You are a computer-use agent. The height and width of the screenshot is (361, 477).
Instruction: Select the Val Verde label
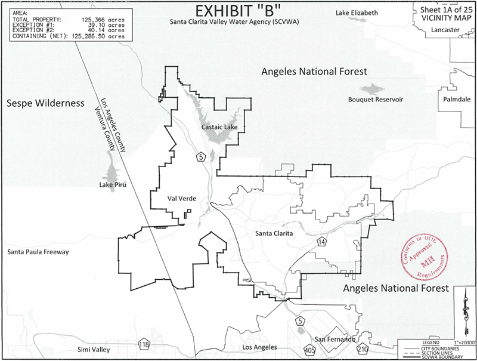pos(182,199)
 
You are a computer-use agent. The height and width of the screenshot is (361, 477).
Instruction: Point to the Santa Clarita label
pos(273,233)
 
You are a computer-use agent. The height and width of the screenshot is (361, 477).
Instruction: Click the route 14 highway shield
pos(322,241)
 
